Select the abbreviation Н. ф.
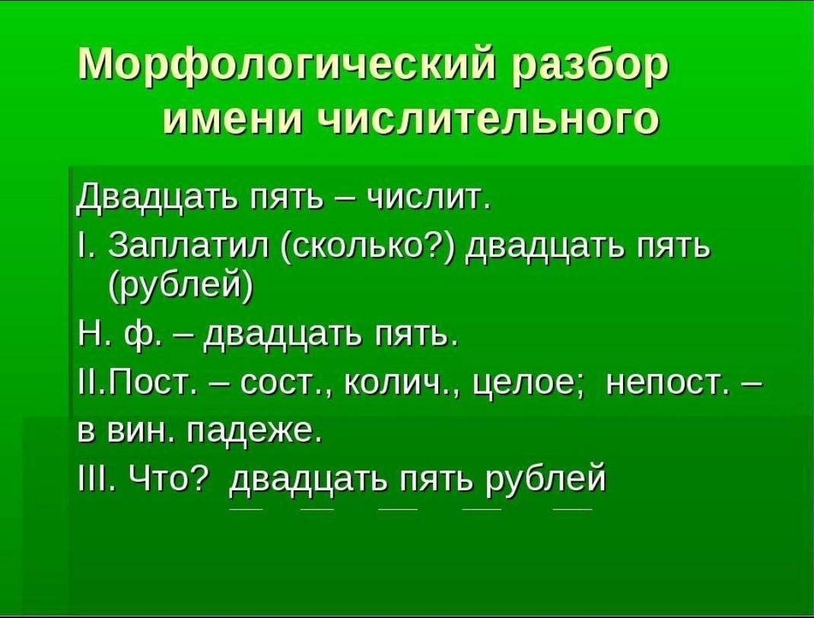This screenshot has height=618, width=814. click(119, 338)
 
